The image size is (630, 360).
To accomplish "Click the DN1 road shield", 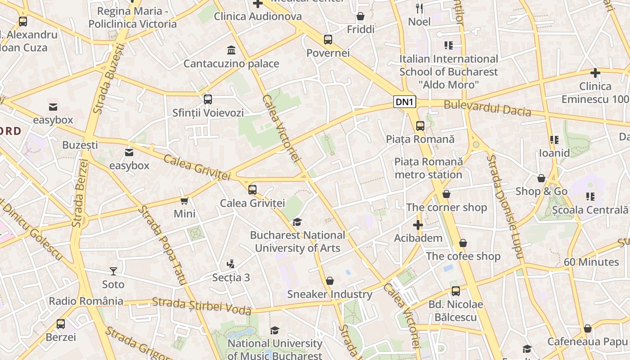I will point(405,102).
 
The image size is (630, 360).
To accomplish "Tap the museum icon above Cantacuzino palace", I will point(231,49).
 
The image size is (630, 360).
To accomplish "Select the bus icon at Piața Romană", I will point(420,126).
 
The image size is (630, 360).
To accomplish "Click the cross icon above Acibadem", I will point(418,225).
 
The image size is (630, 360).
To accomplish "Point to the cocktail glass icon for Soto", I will point(113,271).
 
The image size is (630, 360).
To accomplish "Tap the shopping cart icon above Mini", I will point(184,201).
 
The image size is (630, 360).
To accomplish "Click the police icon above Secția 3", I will point(231,264).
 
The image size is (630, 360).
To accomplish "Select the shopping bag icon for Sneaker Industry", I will point(330,281).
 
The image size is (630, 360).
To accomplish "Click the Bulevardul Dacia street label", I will point(487,108).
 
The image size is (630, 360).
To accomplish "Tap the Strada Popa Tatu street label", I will point(162,245).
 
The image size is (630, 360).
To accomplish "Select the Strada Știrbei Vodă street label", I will point(202,306).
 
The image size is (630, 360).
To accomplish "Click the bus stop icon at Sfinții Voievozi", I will point(208,99).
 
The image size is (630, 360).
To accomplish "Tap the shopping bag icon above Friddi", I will point(360,17).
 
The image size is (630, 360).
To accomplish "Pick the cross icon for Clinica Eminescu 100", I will point(595,72).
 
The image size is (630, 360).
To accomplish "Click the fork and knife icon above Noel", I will point(419,8).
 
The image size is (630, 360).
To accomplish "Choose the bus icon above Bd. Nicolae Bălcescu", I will point(456,291).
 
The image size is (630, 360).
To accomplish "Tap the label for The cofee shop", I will point(463,256).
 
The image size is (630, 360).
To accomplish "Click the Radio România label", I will point(86,301).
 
